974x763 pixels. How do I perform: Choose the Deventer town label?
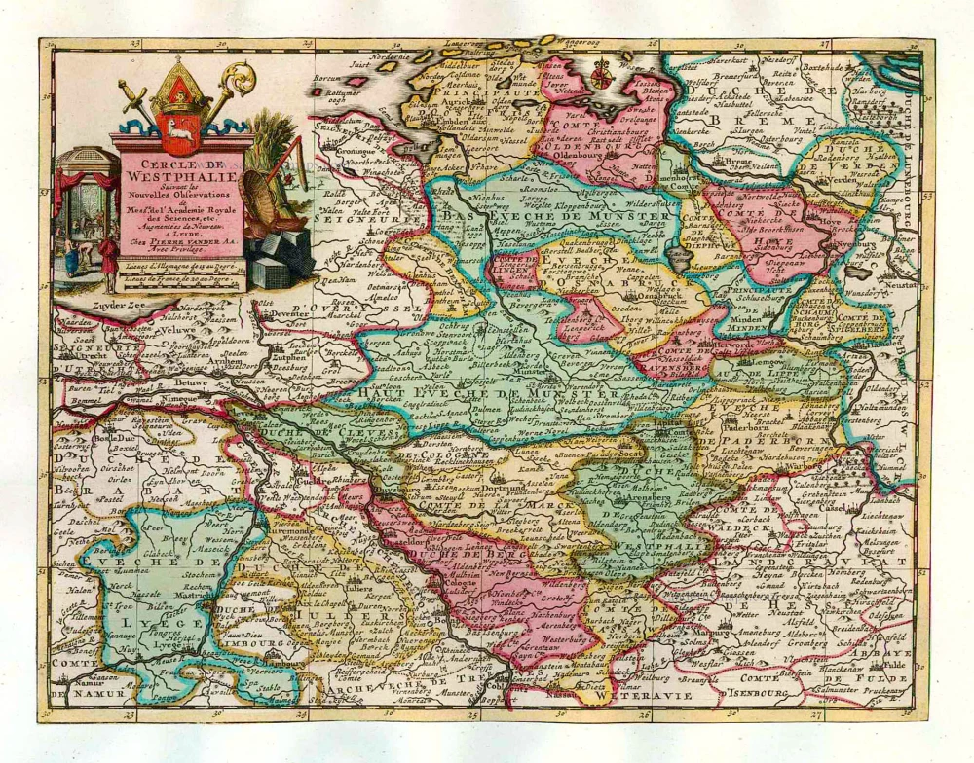[x=284, y=315]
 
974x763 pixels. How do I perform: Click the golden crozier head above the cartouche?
[x=239, y=76]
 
